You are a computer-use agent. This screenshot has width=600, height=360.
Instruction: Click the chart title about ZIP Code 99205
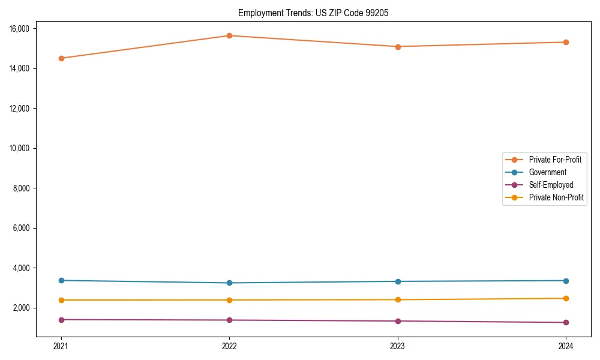click(313, 13)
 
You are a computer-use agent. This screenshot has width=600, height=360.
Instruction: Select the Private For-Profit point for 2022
click(229, 35)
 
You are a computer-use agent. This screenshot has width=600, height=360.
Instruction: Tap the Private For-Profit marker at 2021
click(61, 58)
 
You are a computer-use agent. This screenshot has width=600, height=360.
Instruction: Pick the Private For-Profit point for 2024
click(566, 42)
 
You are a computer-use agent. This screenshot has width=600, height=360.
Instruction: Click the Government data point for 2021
click(61, 280)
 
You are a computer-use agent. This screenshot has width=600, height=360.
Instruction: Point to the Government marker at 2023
click(398, 281)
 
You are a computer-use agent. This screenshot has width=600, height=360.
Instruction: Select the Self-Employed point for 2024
click(566, 322)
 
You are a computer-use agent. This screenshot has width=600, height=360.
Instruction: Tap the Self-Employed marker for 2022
click(229, 320)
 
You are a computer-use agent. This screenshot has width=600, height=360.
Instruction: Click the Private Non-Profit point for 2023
click(398, 299)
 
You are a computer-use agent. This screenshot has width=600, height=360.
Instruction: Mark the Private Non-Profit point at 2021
click(61, 300)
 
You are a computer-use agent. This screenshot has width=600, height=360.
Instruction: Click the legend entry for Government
click(547, 172)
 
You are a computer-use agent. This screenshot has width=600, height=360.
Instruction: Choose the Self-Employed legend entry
click(551, 185)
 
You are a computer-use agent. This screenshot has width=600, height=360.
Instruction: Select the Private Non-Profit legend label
click(556, 197)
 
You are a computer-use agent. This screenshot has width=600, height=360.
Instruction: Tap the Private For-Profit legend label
click(555, 160)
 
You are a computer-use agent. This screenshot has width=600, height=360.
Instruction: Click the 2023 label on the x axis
click(398, 346)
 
